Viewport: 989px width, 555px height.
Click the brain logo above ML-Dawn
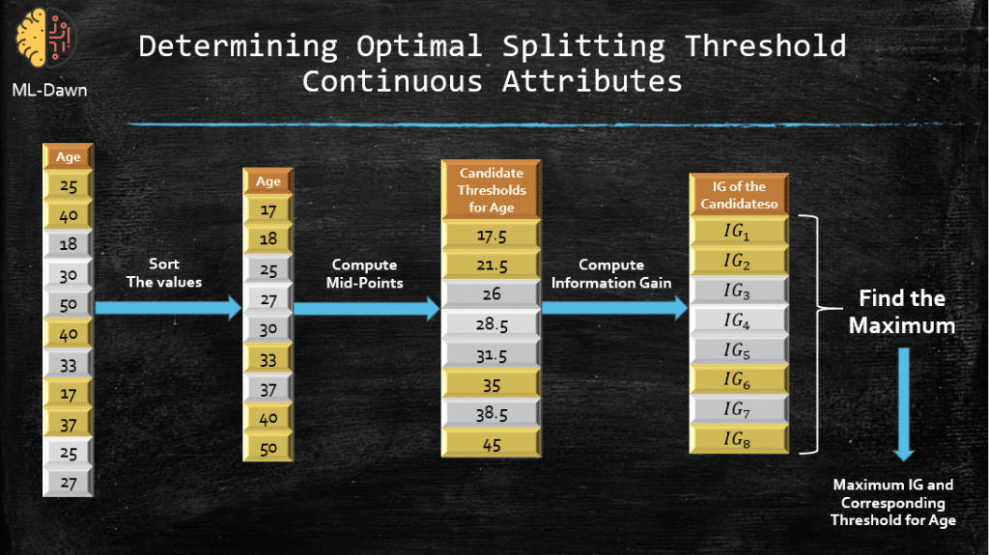tap(45, 39)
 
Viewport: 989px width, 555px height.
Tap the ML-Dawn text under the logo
tap(50, 90)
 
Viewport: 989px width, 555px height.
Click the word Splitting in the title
tap(583, 46)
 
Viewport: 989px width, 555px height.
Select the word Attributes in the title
tap(592, 82)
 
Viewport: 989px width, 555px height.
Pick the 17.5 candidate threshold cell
tap(492, 236)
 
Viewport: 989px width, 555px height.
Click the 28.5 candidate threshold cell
tap(492, 325)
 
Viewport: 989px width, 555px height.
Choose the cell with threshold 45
tap(492, 444)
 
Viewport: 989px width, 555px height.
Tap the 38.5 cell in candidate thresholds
tap(492, 414)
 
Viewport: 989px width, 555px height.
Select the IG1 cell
tap(739, 232)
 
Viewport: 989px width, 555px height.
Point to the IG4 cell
tap(739, 320)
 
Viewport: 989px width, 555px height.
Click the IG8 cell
tap(739, 439)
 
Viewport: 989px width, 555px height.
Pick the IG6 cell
tap(739, 379)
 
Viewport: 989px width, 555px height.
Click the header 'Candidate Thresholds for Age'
tap(492, 190)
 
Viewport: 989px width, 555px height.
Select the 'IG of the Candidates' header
tap(739, 195)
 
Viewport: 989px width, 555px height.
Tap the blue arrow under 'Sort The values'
tap(168, 308)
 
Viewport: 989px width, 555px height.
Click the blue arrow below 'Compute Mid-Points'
tap(366, 309)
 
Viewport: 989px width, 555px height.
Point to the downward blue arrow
tap(903, 404)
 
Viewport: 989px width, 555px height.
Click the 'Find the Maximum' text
tap(902, 312)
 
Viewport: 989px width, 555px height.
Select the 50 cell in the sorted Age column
tap(268, 449)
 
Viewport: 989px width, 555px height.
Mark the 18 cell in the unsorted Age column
tap(69, 244)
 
